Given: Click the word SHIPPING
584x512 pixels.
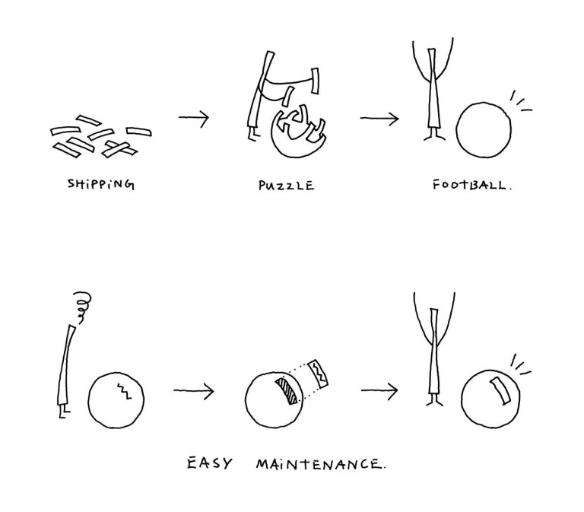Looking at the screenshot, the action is point(100,184).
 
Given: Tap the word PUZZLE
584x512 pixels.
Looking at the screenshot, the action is point(287,185).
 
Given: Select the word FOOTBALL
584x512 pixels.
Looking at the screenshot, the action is point(471,185).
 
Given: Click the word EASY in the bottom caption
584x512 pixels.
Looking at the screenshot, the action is point(209,463).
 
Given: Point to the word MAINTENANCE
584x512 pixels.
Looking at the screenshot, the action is point(321,464).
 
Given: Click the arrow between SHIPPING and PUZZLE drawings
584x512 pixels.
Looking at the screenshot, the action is point(194,118).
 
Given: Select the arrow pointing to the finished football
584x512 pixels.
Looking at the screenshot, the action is point(379,119).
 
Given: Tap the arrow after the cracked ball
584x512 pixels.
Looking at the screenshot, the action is point(194,390).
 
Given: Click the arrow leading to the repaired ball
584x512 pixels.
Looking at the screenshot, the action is point(379,390).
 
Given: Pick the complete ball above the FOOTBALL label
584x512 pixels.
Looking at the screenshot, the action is point(484,130).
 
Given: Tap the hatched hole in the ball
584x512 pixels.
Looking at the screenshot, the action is point(287,390).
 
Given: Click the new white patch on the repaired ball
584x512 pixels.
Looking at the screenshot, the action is point(500,390).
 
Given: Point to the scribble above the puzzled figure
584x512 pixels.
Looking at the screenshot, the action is point(82,306).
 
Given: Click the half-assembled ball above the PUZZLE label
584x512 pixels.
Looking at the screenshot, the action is point(298,130).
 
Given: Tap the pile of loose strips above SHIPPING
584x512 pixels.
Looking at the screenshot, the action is point(100,136).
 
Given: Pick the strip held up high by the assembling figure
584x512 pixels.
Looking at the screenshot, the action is point(315,81).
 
